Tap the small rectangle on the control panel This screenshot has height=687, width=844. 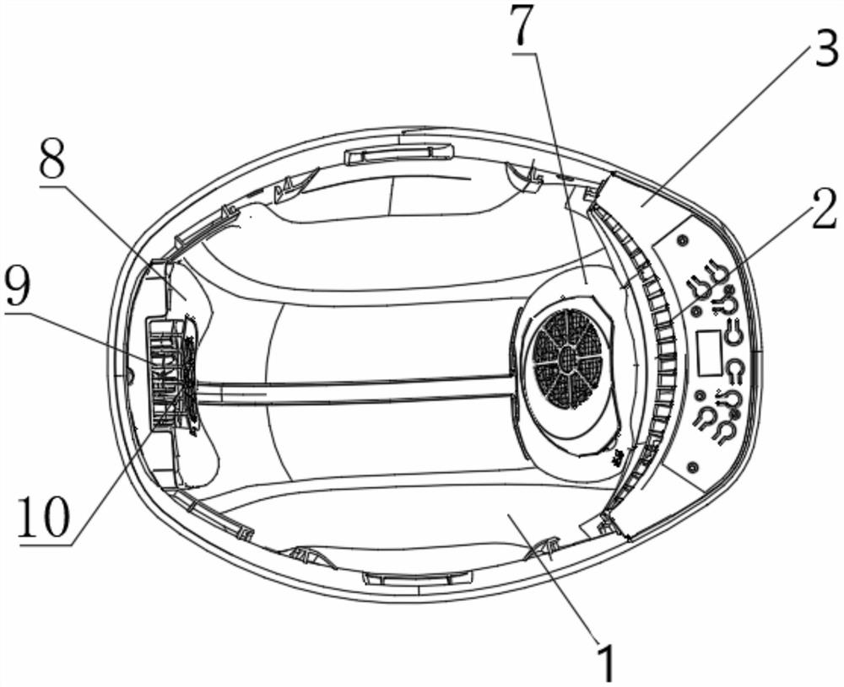tap(707, 352)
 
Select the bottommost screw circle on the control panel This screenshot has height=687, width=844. tap(693, 466)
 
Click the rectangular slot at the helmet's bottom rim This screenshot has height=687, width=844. tap(417, 579)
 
